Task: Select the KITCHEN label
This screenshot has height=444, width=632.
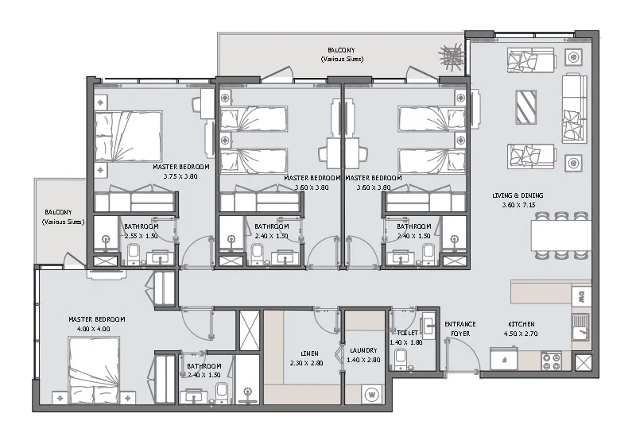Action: click(x=522, y=324)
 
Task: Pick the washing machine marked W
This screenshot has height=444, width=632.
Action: click(x=371, y=392)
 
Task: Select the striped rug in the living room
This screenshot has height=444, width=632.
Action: click(x=526, y=106)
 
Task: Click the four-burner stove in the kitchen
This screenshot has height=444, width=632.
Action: click(x=552, y=361)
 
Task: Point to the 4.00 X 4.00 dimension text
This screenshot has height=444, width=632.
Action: click(x=88, y=328)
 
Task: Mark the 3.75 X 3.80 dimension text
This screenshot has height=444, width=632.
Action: click(x=180, y=176)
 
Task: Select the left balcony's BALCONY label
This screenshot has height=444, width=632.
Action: click(x=60, y=213)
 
